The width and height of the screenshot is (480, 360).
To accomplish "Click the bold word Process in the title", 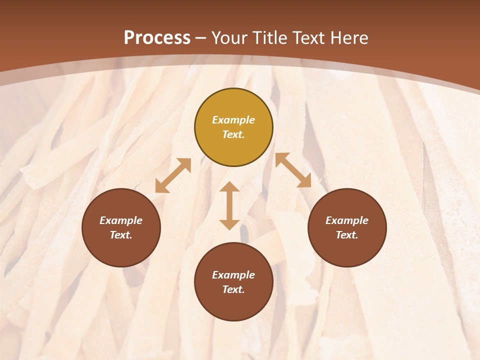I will click(x=157, y=38).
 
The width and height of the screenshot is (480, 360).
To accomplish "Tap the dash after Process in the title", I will click(x=201, y=38).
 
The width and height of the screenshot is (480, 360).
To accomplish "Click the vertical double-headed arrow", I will click(x=229, y=205).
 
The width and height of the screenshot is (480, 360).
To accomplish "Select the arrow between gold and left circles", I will click(x=173, y=175).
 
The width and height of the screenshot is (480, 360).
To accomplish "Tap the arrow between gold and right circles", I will click(x=293, y=170).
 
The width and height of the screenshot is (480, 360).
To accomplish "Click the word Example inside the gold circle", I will click(x=233, y=120).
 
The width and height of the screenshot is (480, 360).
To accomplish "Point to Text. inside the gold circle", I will click(x=233, y=134).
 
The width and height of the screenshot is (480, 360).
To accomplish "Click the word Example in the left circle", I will click(x=121, y=220).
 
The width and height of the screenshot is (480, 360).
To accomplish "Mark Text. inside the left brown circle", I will click(x=121, y=235).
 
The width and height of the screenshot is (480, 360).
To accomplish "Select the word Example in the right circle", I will click(x=347, y=220).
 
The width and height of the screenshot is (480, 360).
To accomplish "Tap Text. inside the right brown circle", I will click(x=347, y=235).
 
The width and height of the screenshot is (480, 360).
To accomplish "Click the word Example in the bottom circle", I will click(x=233, y=275).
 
